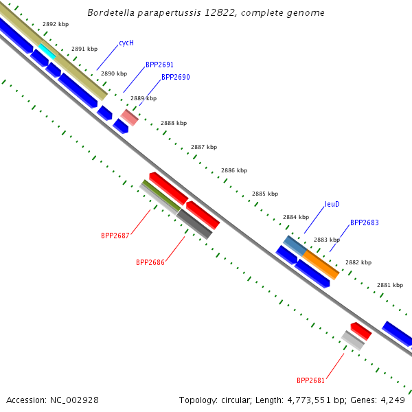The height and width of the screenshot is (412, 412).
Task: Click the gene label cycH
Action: [126, 43]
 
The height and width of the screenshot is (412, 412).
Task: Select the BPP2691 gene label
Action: [159, 65]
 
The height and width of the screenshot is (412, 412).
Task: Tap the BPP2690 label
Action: [176, 77]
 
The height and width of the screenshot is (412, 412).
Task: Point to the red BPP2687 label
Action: [115, 236]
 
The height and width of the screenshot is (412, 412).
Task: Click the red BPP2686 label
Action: [150, 262]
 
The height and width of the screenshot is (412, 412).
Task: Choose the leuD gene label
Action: [332, 204]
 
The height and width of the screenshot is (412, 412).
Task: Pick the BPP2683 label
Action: [365, 222]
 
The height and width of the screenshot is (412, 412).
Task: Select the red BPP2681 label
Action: [310, 380]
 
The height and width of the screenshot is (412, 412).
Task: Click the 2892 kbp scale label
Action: [56, 24]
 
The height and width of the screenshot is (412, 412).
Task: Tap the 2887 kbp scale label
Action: [204, 147]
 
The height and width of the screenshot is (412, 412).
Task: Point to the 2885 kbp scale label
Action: [265, 194]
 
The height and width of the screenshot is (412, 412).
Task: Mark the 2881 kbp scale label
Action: [390, 285]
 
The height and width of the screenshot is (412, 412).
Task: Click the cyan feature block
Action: [47, 51]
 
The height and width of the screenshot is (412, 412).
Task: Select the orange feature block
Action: [321, 265]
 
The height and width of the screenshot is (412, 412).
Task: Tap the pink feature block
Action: [130, 117]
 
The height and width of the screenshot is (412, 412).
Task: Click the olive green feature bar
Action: [161, 195]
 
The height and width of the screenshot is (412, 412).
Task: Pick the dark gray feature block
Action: [194, 224]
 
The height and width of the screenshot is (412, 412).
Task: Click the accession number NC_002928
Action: [74, 400]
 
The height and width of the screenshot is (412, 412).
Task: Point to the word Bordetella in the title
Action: [111, 12]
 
